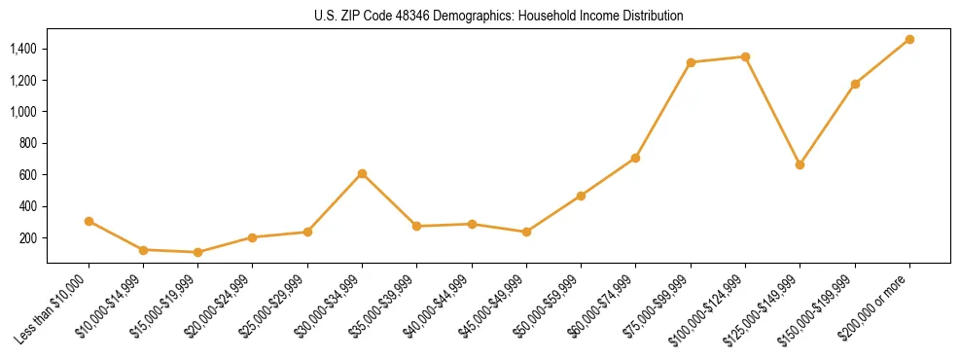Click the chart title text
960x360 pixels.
[x=498, y=16]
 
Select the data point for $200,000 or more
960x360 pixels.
[x=909, y=39]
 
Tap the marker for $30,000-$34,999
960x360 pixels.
[x=362, y=173]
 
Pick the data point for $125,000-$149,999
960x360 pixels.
[x=800, y=164]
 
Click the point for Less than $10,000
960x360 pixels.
[x=89, y=221]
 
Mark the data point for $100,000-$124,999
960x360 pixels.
[x=745, y=56]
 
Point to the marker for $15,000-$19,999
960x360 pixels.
[x=197, y=252]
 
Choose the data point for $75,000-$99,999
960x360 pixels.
[x=691, y=62]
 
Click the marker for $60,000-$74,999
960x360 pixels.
[x=635, y=158]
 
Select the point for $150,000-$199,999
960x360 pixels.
[x=855, y=84]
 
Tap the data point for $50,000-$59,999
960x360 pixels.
[x=581, y=196]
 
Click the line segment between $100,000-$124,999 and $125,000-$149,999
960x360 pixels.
[x=772, y=110]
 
